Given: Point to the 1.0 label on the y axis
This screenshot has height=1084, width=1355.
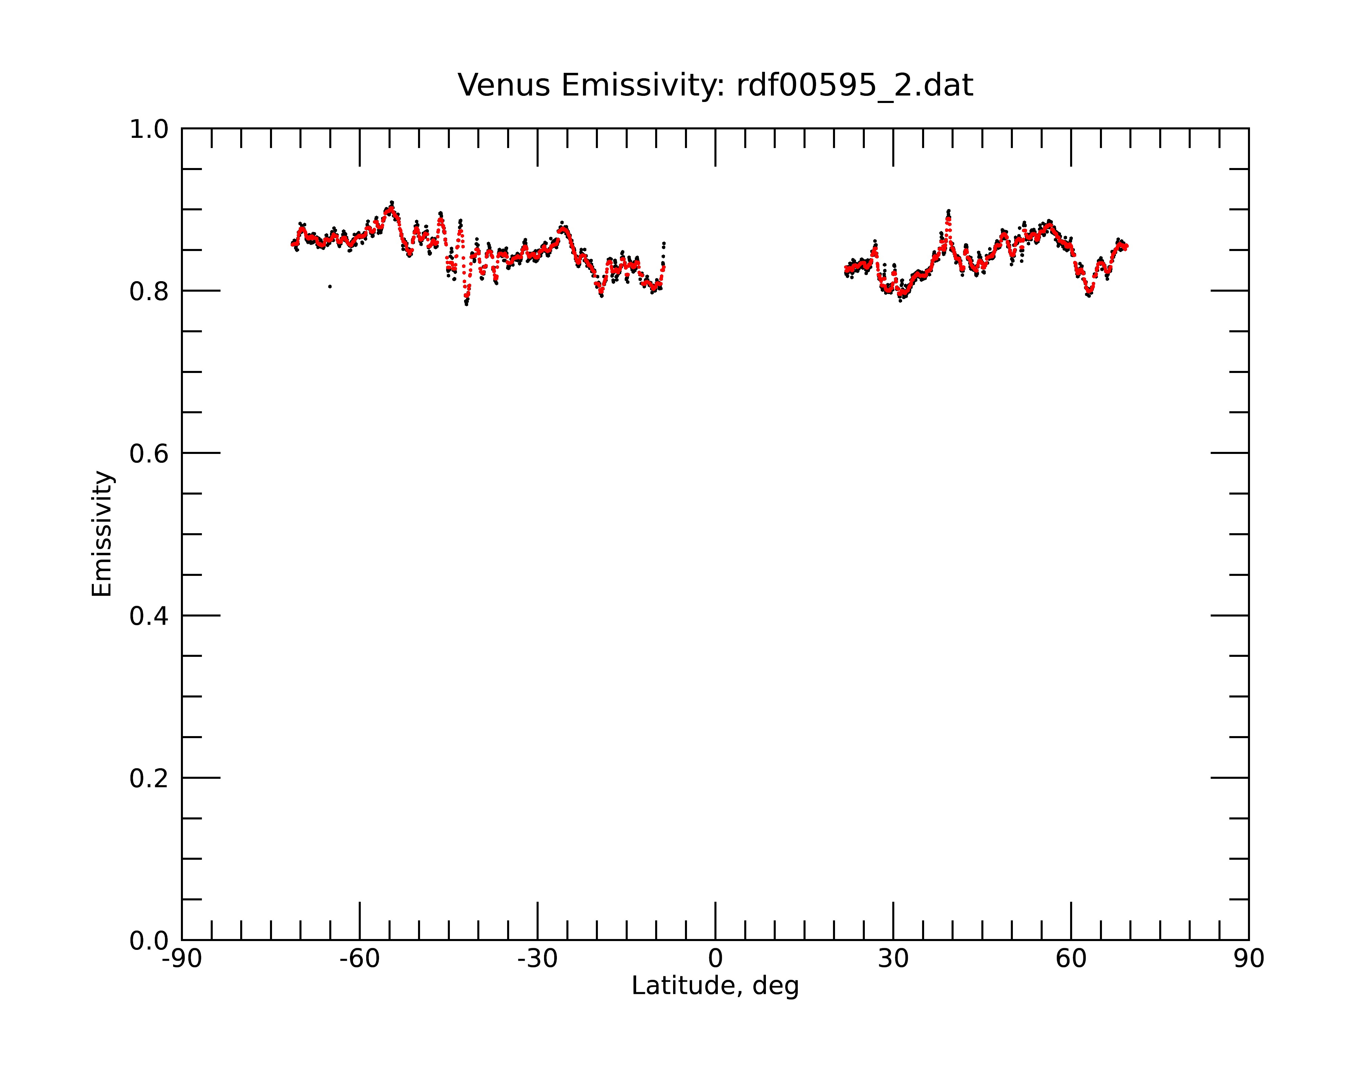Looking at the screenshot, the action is (x=149, y=129).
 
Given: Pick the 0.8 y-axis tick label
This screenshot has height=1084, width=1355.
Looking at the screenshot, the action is (x=149, y=292).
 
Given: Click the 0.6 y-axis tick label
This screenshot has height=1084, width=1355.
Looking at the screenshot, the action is (x=149, y=454).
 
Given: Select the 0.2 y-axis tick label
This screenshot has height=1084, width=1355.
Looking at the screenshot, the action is (x=149, y=778).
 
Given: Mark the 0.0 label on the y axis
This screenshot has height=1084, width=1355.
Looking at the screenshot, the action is (x=149, y=941).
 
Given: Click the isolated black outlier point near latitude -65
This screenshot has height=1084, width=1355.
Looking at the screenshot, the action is (x=330, y=287).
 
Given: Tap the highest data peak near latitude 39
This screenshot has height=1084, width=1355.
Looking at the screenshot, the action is (x=948, y=211).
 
